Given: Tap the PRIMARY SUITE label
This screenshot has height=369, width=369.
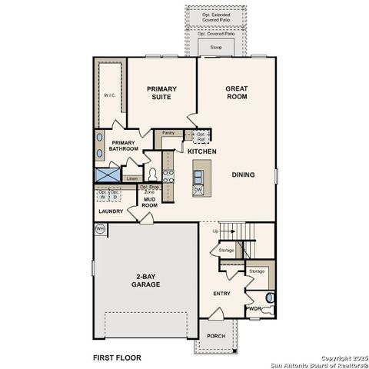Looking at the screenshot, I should coord(162,94).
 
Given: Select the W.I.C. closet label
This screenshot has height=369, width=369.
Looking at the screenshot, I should coord(109,95).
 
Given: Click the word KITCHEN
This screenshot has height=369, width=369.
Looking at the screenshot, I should coord(202,152).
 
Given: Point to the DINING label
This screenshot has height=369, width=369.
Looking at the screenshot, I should coord(243,175).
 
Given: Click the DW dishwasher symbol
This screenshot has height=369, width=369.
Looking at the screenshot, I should coord(198,189).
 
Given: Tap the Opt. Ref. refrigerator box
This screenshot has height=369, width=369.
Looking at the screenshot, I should coord(202,136).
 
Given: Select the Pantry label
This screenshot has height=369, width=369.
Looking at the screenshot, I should coord(168,133).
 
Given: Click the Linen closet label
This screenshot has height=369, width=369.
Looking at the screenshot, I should coord(132,178).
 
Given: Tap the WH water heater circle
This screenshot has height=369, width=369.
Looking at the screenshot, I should coord(100,228).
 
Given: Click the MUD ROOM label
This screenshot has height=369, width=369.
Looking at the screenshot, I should coord(150,203).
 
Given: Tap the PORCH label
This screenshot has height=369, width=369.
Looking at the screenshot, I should coord(215,336).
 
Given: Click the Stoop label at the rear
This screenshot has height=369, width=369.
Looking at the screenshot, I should coord(216,48).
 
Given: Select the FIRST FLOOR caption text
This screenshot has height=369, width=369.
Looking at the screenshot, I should coord(117,357).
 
